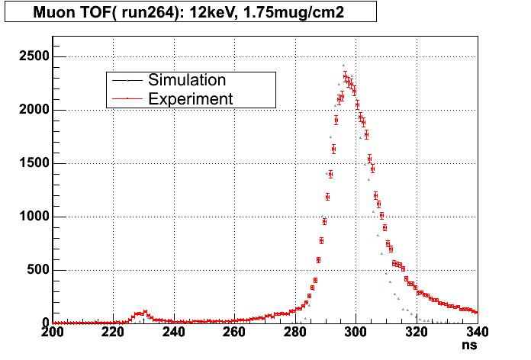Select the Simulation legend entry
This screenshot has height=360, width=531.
[186, 80]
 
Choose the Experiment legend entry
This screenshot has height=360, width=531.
[190, 98]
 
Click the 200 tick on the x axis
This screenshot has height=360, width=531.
[53, 333]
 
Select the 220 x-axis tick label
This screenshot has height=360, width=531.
[114, 333]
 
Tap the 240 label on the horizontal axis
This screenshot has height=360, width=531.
[174, 333]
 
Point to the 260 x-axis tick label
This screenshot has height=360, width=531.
[234, 333]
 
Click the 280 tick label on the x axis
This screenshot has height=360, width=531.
[295, 333]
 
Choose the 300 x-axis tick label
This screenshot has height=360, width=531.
[356, 333]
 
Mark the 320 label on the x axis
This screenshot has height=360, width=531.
[416, 333]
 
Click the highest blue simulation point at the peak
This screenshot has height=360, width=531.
[343, 66]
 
